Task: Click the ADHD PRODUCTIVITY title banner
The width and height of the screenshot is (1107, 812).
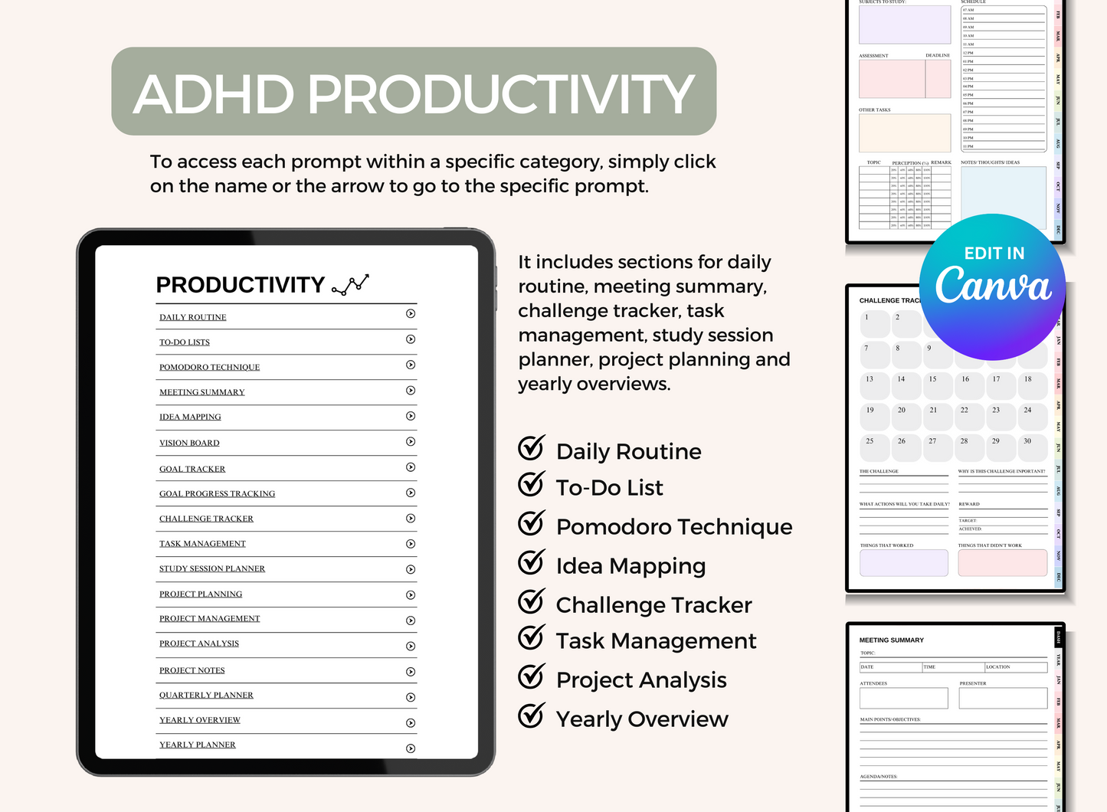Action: click(414, 92)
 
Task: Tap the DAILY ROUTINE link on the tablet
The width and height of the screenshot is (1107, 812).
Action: click(193, 317)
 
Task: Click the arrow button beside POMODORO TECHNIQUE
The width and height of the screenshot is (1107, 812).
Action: click(411, 365)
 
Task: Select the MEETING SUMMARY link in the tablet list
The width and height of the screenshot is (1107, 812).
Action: click(202, 392)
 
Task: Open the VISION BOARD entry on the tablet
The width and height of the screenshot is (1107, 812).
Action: click(189, 443)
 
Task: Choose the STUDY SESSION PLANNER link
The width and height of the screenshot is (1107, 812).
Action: click(212, 568)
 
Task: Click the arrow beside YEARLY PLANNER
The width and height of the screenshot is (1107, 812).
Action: click(411, 748)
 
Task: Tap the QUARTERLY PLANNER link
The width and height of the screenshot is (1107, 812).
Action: click(206, 695)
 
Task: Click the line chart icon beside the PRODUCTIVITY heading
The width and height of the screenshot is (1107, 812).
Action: click(350, 285)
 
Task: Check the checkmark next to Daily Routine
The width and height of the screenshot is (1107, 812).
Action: click(531, 448)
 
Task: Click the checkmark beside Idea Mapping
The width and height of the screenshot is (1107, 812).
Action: click(531, 562)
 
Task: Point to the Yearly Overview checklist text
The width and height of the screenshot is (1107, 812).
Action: click(642, 719)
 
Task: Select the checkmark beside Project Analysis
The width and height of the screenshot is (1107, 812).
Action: click(531, 676)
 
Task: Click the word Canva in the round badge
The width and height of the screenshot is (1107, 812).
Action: click(993, 286)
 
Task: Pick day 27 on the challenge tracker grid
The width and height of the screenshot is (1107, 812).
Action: click(937, 447)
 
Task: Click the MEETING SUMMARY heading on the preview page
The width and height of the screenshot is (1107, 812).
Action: click(892, 640)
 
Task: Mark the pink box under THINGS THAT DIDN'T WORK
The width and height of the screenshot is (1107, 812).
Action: click(1002, 563)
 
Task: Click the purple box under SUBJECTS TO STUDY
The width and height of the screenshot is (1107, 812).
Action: click(905, 25)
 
